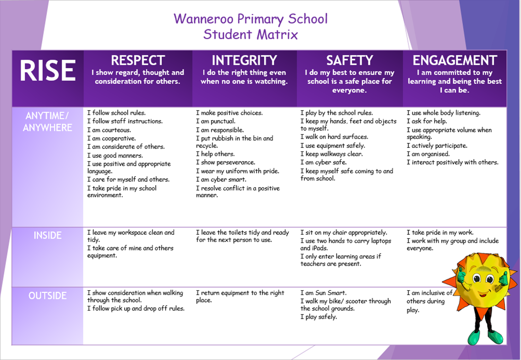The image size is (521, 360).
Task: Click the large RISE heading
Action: [x=47, y=70]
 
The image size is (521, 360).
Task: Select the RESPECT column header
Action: [x=138, y=61]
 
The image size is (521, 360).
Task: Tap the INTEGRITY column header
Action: [x=244, y=61]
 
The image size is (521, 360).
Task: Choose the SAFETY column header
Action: [x=349, y=61]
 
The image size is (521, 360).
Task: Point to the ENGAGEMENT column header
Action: [x=454, y=61]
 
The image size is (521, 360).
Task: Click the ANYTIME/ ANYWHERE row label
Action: [x=47, y=122]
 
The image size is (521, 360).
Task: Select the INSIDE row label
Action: [x=47, y=235]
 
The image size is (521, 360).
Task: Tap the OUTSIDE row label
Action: [x=47, y=295]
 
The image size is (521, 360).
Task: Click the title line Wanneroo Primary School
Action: [x=250, y=19]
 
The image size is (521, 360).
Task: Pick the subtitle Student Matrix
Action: [x=250, y=34]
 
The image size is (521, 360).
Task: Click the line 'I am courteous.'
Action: [x=109, y=130]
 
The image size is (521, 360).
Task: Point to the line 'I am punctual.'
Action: [x=216, y=121]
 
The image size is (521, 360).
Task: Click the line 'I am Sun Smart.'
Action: [x=324, y=293]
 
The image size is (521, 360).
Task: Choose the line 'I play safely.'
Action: [x=319, y=317]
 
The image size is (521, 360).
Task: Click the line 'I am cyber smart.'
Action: [x=221, y=180]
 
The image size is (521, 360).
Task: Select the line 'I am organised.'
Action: [x=428, y=154]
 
